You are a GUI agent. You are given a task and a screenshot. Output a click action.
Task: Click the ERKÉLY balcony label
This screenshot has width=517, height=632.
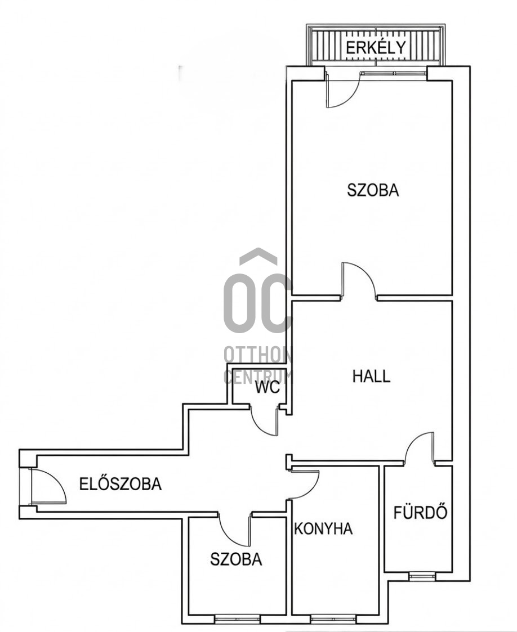click(376, 48)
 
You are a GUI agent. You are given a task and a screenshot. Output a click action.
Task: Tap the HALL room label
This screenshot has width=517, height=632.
click(371, 376)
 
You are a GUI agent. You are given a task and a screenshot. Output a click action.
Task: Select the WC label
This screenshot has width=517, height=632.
click(267, 387)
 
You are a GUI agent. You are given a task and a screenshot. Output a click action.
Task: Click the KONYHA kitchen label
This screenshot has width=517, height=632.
click(323, 528)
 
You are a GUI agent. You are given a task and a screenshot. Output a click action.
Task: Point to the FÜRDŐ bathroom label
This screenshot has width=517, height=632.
click(420, 513)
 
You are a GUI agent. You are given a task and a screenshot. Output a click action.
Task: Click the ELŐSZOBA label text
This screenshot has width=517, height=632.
click(120, 483)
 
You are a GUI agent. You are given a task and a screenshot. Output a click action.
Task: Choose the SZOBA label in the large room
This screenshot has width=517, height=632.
click(372, 190)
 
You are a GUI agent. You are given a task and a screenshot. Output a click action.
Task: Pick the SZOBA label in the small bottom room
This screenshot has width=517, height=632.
click(236, 559)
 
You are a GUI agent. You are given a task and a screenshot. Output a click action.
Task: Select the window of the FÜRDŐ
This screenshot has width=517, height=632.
click(421, 575)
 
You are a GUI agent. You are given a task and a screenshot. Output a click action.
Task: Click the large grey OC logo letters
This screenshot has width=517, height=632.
click(257, 304)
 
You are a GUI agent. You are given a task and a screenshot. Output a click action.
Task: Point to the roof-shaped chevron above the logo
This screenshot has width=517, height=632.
click(258, 257)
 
